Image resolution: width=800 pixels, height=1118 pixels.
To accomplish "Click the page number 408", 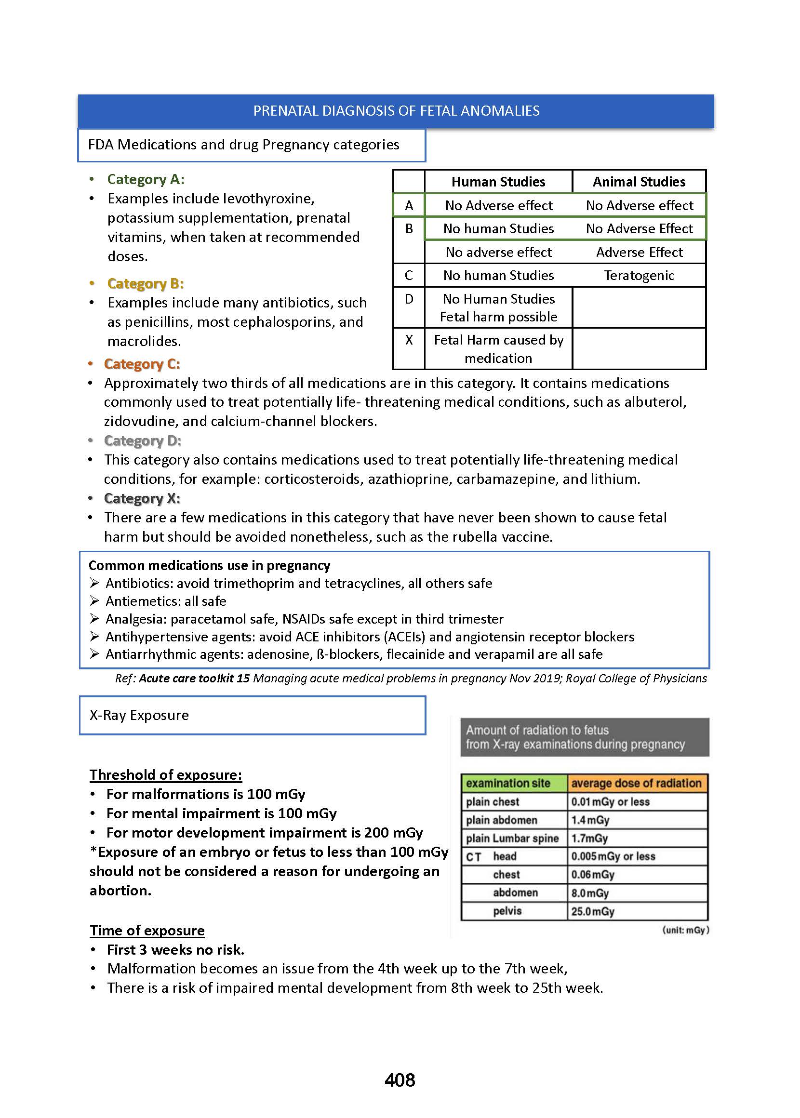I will [400, 1080].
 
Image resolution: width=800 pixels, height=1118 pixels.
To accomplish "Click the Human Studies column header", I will [498, 182].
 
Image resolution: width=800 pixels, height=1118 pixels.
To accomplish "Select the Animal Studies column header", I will [639, 182].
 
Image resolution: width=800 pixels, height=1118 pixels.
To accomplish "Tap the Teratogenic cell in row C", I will [639, 275].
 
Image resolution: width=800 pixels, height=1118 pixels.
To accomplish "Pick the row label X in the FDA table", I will [408, 340].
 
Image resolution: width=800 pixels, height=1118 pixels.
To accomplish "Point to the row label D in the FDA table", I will [408, 299].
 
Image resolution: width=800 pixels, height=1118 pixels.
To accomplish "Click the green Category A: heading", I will [146, 179].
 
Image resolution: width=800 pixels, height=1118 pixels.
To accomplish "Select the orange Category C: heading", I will [142, 364].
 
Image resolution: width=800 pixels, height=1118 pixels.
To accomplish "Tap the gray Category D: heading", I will [142, 441].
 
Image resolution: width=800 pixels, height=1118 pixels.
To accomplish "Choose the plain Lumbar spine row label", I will [512, 838].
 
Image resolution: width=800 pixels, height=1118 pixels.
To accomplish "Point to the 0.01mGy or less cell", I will [610, 802].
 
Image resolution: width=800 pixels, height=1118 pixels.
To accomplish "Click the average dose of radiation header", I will [636, 783].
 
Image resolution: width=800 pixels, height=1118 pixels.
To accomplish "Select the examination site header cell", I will [508, 783].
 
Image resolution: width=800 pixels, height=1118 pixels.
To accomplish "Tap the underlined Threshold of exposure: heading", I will [165, 775].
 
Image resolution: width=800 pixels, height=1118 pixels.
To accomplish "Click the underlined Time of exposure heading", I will [147, 931].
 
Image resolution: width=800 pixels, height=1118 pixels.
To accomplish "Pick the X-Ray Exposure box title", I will [139, 715].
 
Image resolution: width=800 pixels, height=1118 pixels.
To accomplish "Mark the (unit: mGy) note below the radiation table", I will [685, 930].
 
